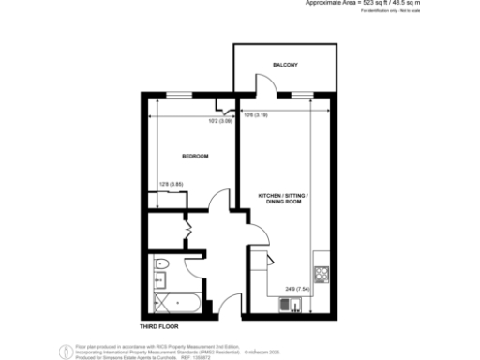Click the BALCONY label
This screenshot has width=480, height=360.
click(x=285, y=65)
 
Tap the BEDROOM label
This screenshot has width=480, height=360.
click(x=195, y=156)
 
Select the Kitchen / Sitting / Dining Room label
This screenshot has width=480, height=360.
click(x=283, y=198)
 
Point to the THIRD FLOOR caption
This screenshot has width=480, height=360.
click(x=158, y=325)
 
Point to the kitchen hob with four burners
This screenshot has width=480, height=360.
click(x=322, y=275)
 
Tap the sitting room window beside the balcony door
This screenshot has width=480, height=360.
click(x=301, y=97)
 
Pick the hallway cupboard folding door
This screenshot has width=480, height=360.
click(x=187, y=231)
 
